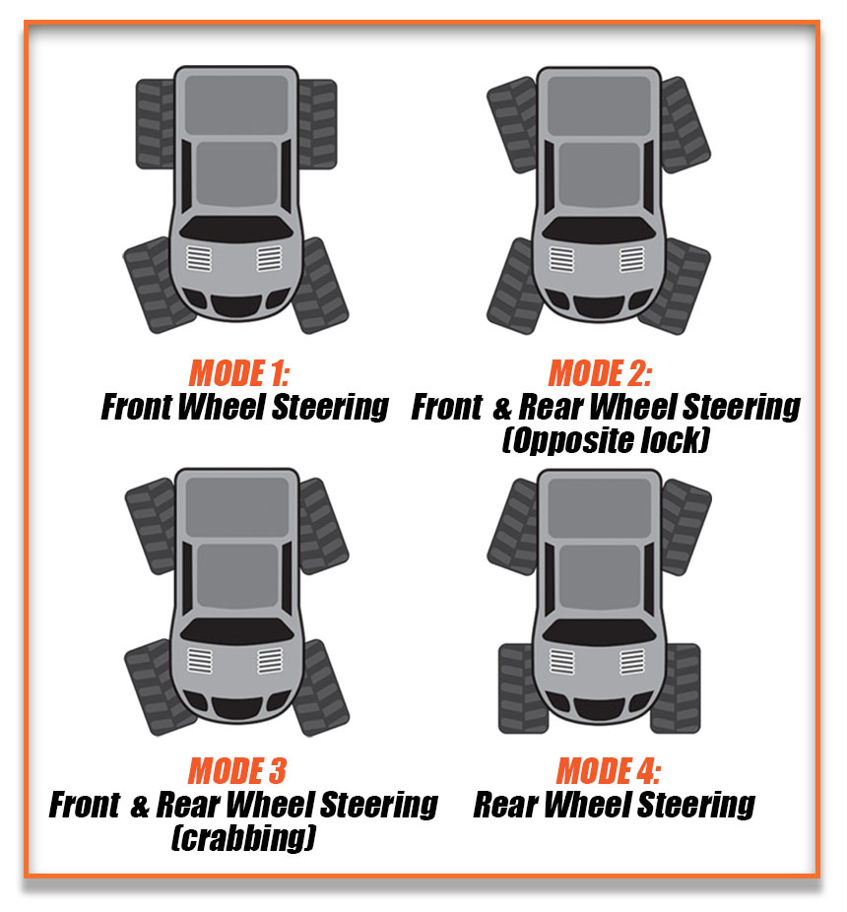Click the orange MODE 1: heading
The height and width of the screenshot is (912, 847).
(239, 374)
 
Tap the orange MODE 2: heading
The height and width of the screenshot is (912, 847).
(600, 374)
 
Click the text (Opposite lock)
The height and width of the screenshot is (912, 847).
(605, 440)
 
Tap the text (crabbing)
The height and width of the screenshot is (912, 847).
(242, 837)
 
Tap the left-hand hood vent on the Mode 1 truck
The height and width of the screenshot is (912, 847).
(200, 259)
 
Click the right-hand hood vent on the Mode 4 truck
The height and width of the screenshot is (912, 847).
(630, 659)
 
